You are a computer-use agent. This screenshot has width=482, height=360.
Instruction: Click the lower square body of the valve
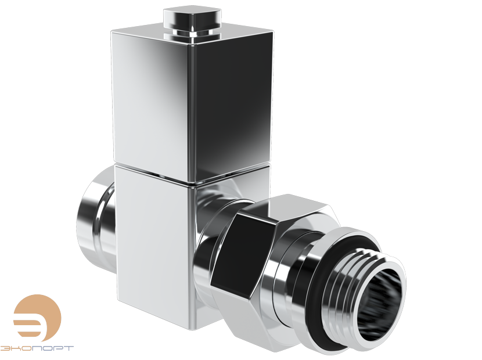coord(154,244)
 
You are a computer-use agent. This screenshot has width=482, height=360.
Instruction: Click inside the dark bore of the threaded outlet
coord(377,302)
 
